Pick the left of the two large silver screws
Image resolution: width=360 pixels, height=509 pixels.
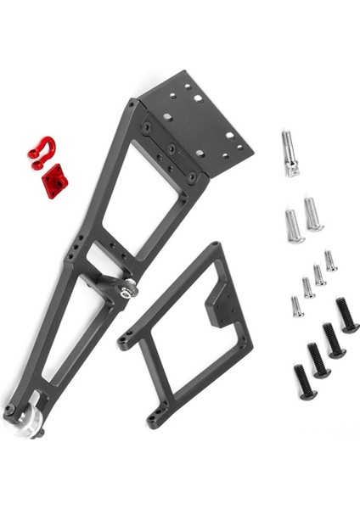point(293,226)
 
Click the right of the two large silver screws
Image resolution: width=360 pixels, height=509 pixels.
point(313,214)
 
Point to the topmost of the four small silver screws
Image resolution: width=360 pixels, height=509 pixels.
point(330,261)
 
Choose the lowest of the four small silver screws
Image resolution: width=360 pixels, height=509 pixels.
point(297,305)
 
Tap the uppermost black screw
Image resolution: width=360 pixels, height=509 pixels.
point(346,315)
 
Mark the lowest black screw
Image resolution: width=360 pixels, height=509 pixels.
point(304,383)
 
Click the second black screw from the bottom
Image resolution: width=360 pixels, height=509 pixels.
point(318,361)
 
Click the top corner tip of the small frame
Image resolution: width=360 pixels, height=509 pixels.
point(211,246)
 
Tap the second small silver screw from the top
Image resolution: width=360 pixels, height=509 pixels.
point(319,275)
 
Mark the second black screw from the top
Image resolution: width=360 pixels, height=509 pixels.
point(332,339)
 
